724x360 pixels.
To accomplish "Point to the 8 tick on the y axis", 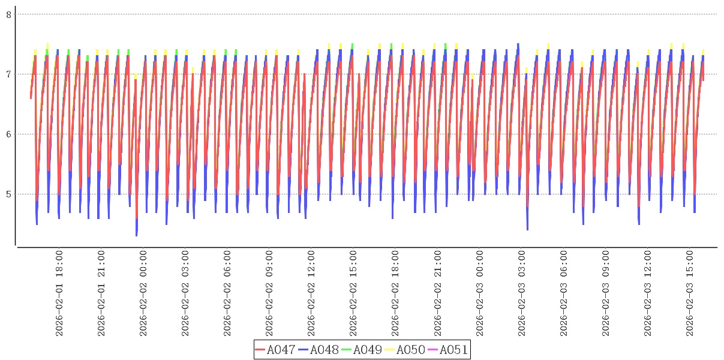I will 9,14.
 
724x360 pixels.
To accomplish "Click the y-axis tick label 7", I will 9,74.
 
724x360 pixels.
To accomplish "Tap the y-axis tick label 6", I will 9,134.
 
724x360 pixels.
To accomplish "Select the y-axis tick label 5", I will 9,194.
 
